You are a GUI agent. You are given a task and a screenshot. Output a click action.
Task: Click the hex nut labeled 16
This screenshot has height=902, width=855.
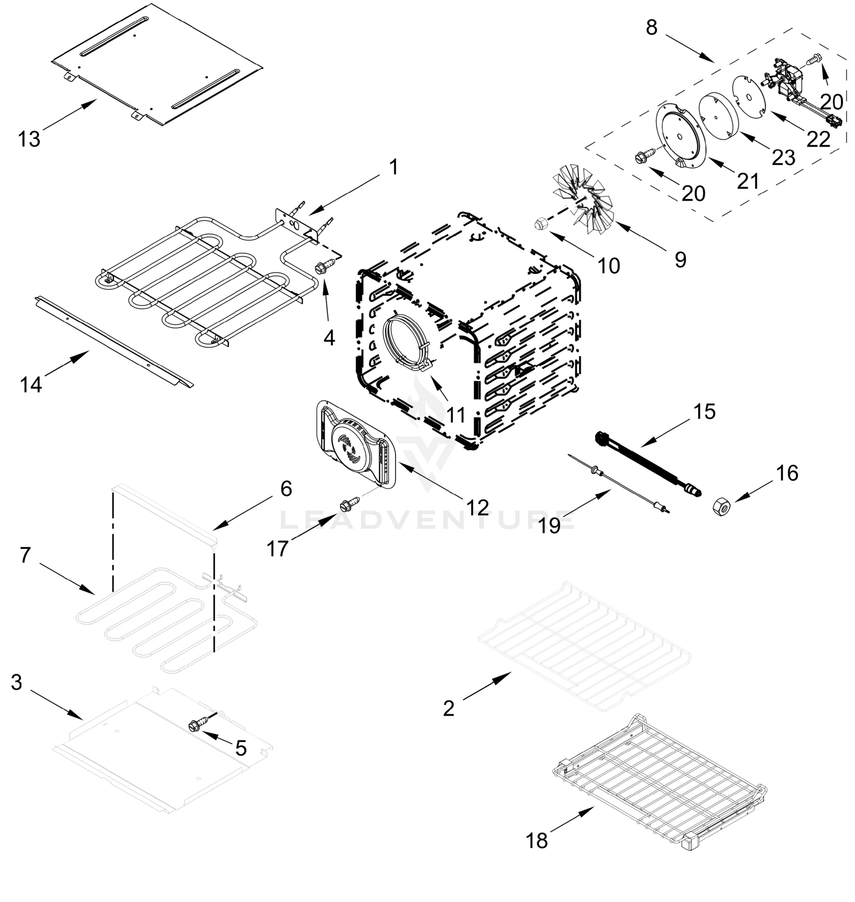click(x=722, y=506)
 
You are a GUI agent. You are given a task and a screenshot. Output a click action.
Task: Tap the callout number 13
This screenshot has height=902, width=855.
click(x=29, y=139)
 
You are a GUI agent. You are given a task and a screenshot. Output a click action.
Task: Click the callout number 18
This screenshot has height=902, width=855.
click(x=537, y=840)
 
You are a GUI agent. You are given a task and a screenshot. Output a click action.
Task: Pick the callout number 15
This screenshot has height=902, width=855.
click(x=705, y=412)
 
